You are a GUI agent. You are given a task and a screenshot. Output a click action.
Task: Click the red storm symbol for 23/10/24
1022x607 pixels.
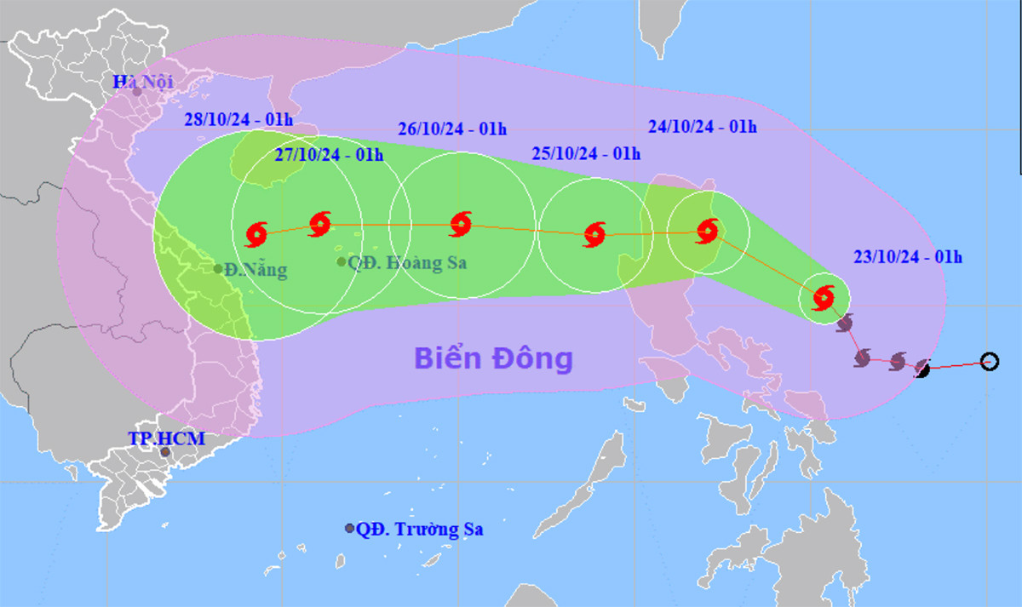click(824, 298)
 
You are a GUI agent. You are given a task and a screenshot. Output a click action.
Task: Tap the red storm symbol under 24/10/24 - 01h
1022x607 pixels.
click(708, 230)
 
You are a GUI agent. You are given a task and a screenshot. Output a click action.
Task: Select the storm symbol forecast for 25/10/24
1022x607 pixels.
click(595, 232)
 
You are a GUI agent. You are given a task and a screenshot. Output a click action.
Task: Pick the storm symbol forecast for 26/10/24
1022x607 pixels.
click(461, 224)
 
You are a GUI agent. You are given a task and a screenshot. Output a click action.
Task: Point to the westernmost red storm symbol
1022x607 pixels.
click(256, 232)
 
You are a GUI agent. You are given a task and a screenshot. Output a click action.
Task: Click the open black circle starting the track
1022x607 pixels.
click(989, 362)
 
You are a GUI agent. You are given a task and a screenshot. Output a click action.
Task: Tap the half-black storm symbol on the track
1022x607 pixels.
click(922, 369)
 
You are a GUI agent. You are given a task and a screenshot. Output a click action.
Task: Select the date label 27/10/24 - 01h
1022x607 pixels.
click(330, 155)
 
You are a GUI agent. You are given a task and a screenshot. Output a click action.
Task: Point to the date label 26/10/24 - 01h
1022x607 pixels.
click(452, 129)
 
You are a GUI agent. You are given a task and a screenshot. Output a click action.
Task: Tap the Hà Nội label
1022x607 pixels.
click(143, 82)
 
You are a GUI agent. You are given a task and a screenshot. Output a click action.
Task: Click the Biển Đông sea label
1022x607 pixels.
click(494, 358)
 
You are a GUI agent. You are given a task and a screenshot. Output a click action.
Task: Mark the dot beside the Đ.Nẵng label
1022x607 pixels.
click(218, 269)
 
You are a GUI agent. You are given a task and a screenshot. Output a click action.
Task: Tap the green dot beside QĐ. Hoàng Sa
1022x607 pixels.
click(342, 262)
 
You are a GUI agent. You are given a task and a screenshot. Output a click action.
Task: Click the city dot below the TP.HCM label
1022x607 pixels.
click(165, 452)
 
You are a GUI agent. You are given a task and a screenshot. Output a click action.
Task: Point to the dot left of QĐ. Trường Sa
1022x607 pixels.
click(349, 529)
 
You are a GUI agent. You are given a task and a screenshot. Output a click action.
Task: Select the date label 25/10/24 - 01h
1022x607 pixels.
click(586, 153)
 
